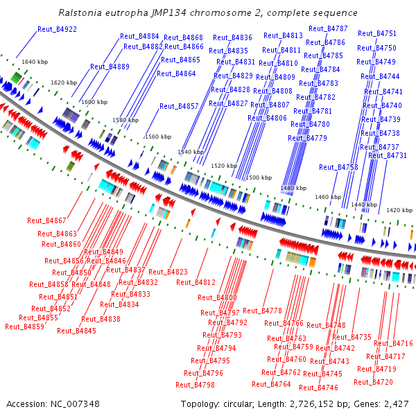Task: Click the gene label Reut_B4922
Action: (58, 29)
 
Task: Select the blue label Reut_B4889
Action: (110, 67)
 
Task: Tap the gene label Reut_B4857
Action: (179, 106)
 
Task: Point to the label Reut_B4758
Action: (338, 167)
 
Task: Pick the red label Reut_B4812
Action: (196, 282)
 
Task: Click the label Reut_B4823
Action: (168, 272)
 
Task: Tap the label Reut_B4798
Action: (195, 384)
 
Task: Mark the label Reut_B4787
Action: (328, 28)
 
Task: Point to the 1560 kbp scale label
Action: (157, 137)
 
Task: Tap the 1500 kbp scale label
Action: (259, 177)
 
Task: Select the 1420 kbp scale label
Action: (399, 209)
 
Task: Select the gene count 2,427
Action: (395, 404)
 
